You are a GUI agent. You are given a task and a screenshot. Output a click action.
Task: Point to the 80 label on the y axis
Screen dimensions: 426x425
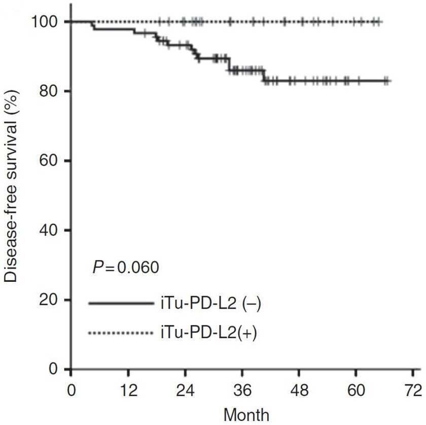(x=49, y=91)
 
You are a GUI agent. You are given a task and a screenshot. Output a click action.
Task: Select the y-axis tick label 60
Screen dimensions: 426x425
(x=49, y=160)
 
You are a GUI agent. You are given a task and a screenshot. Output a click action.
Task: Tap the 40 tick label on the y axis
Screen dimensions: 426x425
(x=49, y=230)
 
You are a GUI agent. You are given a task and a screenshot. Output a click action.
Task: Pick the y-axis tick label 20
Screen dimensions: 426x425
(x=49, y=300)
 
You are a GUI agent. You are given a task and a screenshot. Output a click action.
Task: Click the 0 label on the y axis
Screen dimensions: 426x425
(x=54, y=369)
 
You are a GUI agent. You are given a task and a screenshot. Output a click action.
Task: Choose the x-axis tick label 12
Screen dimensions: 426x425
(x=128, y=390)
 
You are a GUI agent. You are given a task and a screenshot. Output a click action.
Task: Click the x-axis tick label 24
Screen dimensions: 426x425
(x=185, y=390)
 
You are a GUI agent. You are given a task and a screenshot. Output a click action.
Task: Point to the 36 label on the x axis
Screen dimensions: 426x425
(x=242, y=390)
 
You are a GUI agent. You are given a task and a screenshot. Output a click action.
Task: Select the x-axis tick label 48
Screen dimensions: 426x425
(x=299, y=390)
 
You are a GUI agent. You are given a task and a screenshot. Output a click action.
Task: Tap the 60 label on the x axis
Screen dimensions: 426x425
(x=356, y=390)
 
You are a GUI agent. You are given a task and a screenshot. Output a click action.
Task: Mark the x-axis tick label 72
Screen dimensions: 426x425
(x=413, y=390)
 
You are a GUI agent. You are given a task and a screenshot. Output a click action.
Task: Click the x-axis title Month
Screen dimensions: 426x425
(x=246, y=415)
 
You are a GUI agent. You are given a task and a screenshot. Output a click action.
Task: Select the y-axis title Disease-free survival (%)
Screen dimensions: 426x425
(x=11, y=186)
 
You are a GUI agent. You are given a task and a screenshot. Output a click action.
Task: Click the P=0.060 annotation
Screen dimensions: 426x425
(x=126, y=267)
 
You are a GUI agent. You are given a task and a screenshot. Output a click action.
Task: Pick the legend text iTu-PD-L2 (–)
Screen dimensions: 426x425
(x=211, y=304)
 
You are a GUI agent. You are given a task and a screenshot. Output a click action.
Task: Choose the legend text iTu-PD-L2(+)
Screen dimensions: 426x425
(x=208, y=333)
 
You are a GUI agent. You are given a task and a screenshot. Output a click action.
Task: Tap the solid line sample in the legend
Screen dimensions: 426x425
(x=121, y=303)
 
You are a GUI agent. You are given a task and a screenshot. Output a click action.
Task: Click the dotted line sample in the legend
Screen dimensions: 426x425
(x=121, y=333)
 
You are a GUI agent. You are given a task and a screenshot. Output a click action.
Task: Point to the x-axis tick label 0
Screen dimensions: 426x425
(x=71, y=390)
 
